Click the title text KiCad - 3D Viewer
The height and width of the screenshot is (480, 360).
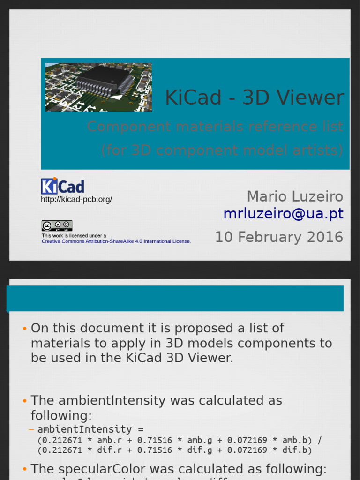pos(254,98)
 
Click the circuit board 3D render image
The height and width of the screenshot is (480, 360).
pos(98,87)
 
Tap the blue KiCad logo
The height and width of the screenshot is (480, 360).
pos(63,186)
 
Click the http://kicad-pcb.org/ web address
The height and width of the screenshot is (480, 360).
pos(76,200)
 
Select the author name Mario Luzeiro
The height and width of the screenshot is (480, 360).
pos(295,196)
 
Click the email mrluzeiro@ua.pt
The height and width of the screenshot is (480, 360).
pos(283,214)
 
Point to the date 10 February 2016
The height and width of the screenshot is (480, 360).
pos(279,237)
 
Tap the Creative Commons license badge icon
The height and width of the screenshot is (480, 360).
pos(57,226)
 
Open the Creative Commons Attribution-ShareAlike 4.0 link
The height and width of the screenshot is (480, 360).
pos(116,241)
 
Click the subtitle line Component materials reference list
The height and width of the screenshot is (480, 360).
pos(215,127)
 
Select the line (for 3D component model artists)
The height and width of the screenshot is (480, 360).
pos(222,150)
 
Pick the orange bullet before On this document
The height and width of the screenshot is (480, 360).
pos(24,329)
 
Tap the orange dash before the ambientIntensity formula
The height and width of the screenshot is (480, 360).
pos(31,429)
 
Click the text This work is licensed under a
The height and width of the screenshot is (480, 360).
pos(74,236)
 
